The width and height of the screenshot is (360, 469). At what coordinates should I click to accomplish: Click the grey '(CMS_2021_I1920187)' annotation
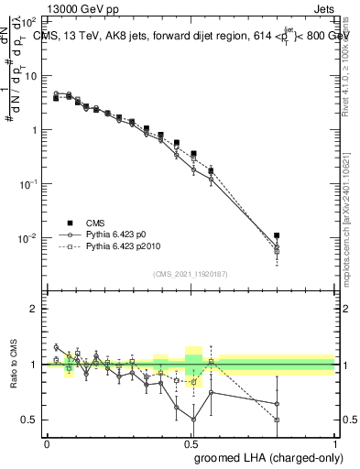point(191,274)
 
